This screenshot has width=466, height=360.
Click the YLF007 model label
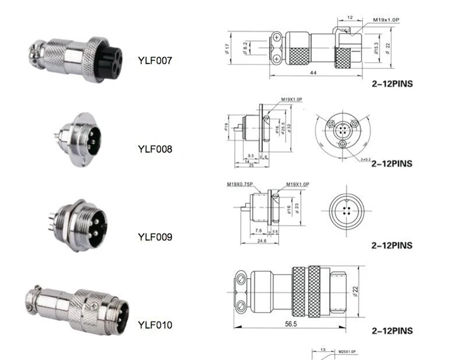(x=155, y=60)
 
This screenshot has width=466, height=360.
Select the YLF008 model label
(x=155, y=149)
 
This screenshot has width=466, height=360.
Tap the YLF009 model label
(x=155, y=237)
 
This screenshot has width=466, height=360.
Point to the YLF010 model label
(x=155, y=325)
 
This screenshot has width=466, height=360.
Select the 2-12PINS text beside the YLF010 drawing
(x=391, y=331)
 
